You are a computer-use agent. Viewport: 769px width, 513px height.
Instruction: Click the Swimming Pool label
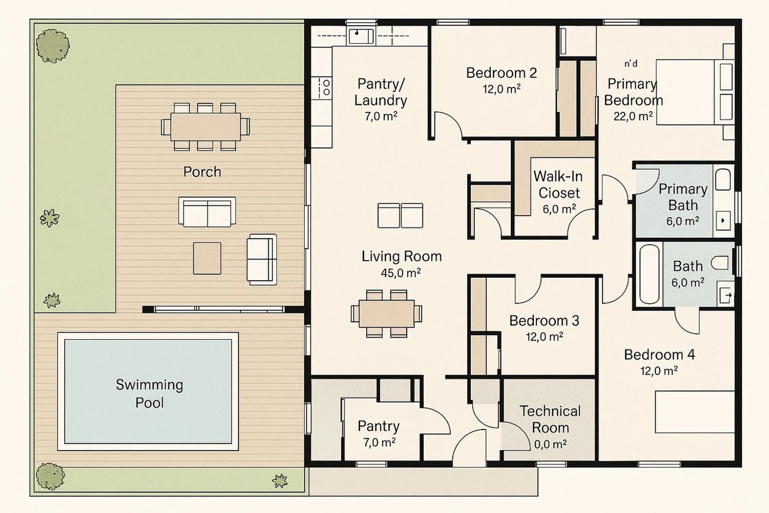pos(149,394)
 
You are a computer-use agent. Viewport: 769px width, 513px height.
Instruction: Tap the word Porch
pos(202,172)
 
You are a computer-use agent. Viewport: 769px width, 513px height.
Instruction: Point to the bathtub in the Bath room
pos(649,274)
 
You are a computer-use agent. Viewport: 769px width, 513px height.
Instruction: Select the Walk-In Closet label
pos(558,185)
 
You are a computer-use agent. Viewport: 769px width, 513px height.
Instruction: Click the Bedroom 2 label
pos(501,73)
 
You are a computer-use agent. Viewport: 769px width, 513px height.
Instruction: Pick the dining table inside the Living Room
pos(387,314)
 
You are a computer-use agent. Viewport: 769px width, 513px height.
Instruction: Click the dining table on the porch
pos(205,127)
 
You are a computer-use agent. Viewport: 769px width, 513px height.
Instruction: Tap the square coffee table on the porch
pos(207,258)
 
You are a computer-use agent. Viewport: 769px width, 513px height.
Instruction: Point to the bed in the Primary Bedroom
pos(695,92)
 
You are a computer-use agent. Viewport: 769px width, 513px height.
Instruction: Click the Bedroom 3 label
pos(544,321)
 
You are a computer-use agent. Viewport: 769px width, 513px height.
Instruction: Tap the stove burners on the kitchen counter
pos(326,88)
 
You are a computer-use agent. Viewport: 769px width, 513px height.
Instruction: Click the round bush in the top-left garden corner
pos(53,46)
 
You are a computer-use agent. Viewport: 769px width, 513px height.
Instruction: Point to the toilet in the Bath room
pos(720,263)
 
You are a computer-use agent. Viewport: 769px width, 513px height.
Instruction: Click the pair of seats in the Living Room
pos(400,215)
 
